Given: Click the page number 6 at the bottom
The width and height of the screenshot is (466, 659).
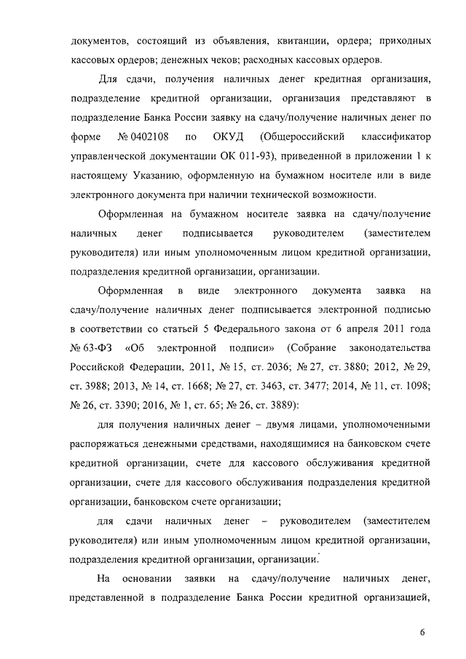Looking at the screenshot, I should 422,631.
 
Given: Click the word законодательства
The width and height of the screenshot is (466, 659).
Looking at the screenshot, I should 390,345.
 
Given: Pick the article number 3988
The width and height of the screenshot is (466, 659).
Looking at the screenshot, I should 94,384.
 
